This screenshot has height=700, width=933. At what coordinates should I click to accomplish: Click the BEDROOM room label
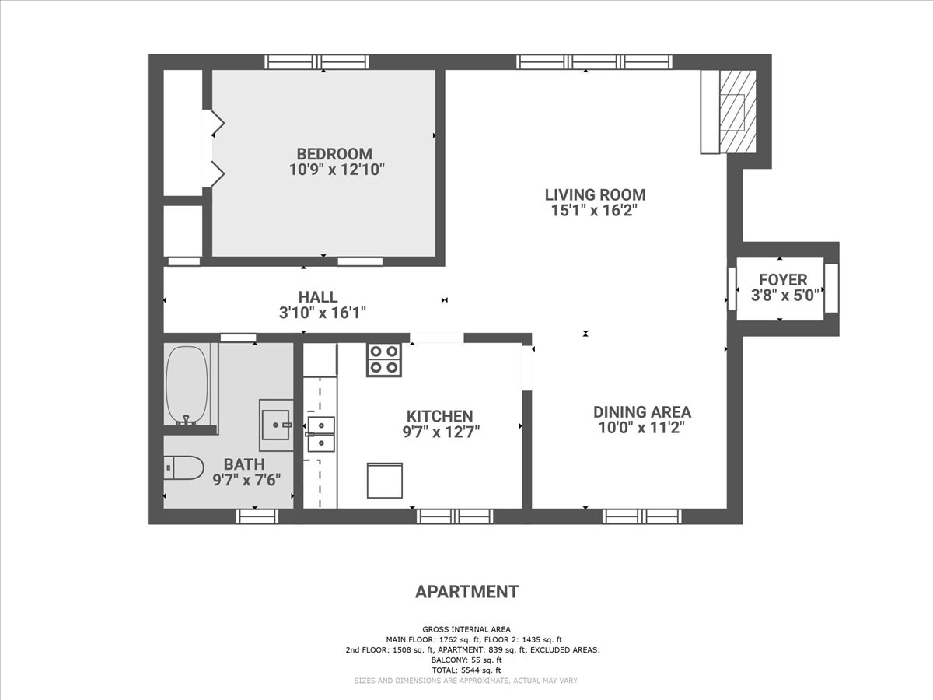pos(334,153)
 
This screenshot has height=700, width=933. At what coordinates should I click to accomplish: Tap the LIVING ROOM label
pos(595,194)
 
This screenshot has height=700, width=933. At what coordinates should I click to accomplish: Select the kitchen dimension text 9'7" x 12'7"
pos(441,432)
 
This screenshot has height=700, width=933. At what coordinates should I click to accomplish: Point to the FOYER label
pos(783,280)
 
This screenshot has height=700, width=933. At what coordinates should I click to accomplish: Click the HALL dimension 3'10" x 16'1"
pos(322,313)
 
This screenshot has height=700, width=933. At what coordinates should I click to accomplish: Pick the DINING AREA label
pos(642,412)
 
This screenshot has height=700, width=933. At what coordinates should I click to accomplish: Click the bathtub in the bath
pos(187,386)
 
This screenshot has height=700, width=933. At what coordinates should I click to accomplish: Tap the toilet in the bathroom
pos(183,468)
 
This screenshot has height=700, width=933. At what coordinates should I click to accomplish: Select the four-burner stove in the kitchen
pos(384,360)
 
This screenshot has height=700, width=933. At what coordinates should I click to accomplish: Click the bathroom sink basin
pos(275,425)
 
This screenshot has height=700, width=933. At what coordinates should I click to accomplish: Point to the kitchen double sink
pos(321,434)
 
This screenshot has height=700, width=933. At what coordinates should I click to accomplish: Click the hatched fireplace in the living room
pos(738,111)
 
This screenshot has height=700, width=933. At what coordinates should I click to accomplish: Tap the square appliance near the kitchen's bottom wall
pos(385,480)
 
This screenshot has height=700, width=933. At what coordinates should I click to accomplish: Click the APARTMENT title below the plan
pos(466,592)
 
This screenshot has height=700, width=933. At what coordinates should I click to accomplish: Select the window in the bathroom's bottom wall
pos(257,516)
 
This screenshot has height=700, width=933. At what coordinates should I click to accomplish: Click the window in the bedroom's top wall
pos(316,62)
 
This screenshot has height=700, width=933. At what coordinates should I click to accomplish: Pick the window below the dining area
pos(642,516)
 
